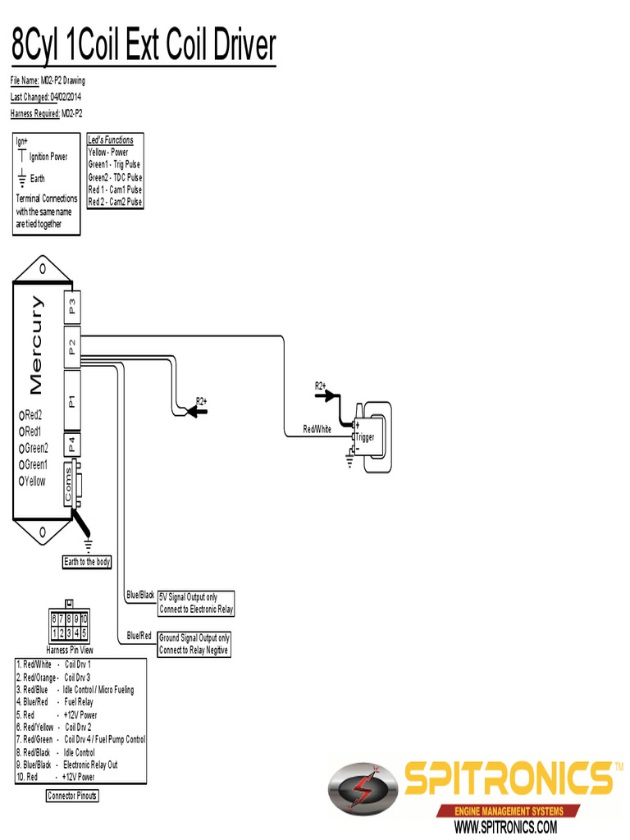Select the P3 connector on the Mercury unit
(x=72, y=307)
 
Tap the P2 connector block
(x=72, y=346)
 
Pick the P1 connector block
(x=72, y=400)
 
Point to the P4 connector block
(x=72, y=445)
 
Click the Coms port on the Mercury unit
(x=69, y=485)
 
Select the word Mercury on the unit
(x=37, y=345)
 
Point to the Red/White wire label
(x=317, y=429)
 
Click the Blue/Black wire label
(x=140, y=595)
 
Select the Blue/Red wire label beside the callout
(x=139, y=636)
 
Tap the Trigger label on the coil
(x=364, y=437)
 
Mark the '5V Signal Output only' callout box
(x=196, y=603)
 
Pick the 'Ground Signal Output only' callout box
(x=194, y=644)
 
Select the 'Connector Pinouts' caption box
(x=72, y=796)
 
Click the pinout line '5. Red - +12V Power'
(x=56, y=715)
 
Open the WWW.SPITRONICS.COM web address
(x=505, y=826)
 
